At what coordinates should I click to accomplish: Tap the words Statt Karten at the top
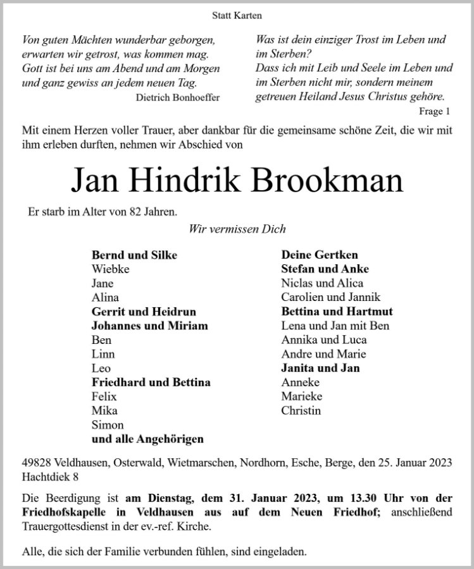[236, 15]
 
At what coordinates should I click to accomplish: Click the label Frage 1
[437, 111]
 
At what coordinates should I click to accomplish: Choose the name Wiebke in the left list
[109, 269]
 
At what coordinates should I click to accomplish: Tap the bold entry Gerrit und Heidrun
[144, 312]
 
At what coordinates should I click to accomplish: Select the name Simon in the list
[108, 425]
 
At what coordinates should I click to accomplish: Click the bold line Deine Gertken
[320, 255]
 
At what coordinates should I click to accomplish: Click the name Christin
[301, 411]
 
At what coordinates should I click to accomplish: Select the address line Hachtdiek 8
[49, 475]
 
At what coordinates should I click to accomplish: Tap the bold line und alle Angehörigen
[147, 439]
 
